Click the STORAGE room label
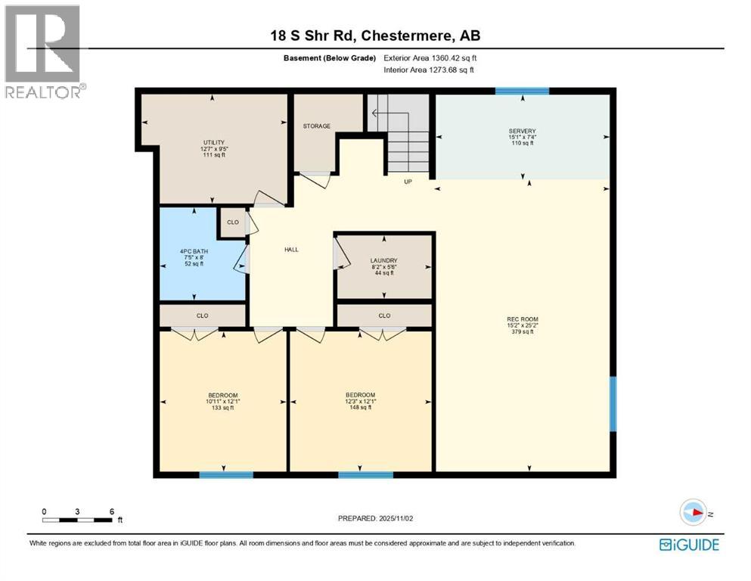coord(317,126)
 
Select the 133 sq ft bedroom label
coord(223,401)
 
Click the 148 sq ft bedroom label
coord(360,401)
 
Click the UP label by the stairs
coord(407,182)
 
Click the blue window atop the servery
coord(522,91)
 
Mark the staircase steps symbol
coord(399,132)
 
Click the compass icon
coord(693,513)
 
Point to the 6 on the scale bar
coord(112,511)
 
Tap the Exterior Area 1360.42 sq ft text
coord(431,57)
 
